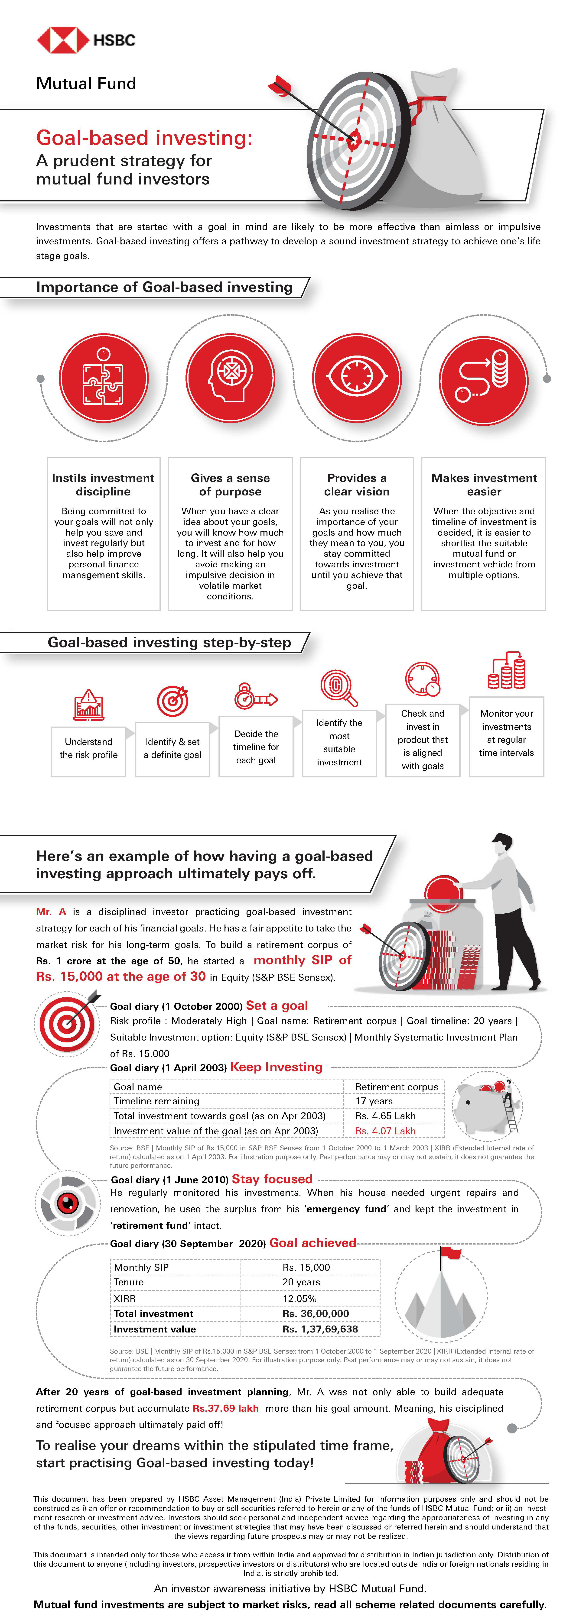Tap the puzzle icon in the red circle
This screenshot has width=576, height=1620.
(104, 377)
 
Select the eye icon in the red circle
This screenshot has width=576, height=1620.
(357, 377)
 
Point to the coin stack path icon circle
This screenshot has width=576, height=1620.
(483, 377)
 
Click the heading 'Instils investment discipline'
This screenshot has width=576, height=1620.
(103, 485)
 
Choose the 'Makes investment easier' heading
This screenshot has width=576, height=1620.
(484, 485)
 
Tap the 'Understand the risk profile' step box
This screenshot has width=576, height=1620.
(89, 748)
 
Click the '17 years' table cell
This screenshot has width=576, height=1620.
(374, 1101)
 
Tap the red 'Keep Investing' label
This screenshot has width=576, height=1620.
(276, 1067)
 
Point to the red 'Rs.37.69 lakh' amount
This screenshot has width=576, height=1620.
(225, 1408)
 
